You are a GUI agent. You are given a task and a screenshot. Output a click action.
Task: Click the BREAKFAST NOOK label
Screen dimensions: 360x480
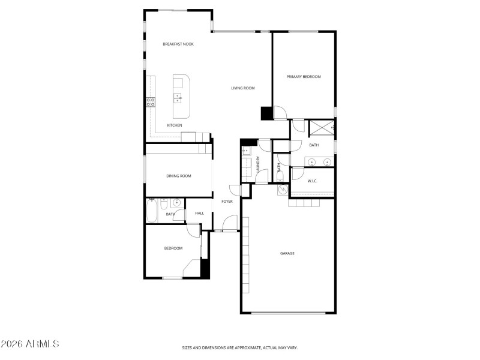pos(178,44)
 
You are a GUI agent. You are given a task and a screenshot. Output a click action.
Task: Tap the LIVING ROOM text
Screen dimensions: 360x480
pos(243,88)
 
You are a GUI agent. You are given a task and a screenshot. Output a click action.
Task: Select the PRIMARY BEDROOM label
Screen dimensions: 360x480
pos(303,77)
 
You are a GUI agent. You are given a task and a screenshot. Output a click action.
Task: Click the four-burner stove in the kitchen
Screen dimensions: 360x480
pos(151,103)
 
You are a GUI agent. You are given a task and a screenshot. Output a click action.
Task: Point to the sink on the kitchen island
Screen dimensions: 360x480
pos(178,98)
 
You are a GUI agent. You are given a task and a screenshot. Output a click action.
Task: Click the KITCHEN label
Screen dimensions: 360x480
pos(175,125)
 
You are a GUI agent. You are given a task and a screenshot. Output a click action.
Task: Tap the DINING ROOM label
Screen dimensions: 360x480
pos(179,176)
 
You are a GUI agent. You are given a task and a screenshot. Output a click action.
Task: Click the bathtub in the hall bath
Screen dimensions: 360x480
pos(152,211)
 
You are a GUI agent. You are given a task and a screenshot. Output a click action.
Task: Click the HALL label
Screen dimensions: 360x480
pos(199,213)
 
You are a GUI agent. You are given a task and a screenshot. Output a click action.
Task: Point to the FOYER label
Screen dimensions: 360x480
pos(227,202)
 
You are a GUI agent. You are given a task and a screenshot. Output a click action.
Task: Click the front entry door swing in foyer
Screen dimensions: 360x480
pos(229,225)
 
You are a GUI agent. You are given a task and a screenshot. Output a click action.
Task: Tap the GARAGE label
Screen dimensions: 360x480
pos(287,253)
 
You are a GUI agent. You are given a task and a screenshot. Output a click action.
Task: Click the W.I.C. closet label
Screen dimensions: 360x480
pos(312,181)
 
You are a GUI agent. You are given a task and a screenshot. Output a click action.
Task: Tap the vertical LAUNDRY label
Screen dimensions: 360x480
pos(257,165)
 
